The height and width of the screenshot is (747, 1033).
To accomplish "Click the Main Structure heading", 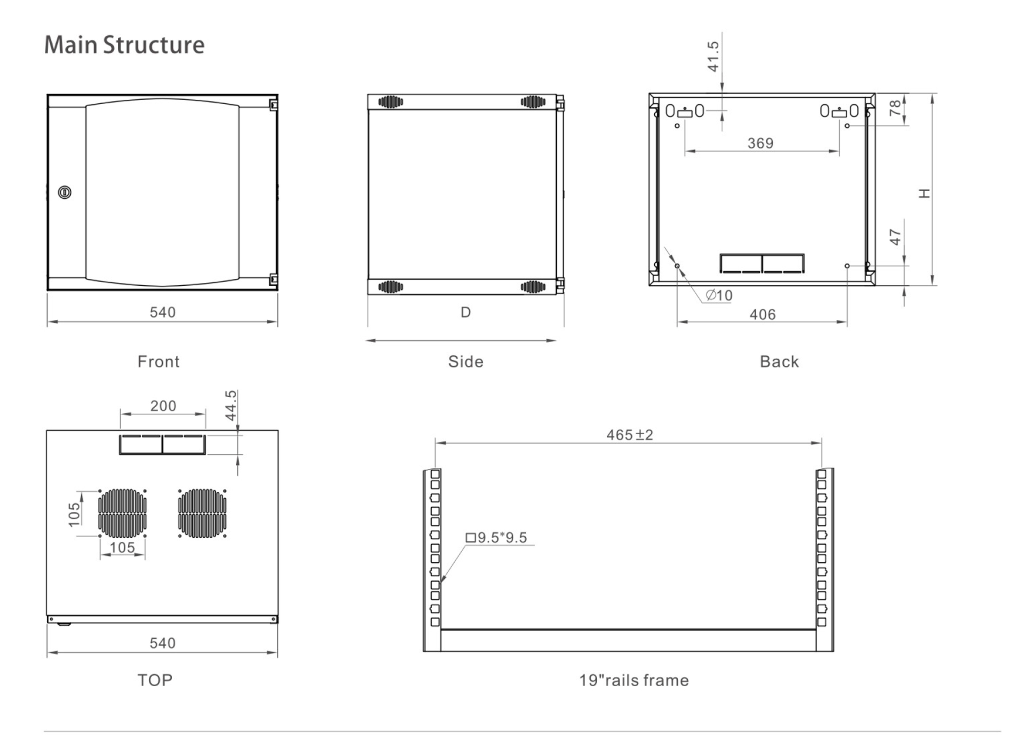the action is point(124,45).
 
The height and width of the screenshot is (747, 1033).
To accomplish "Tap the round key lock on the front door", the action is point(64,192).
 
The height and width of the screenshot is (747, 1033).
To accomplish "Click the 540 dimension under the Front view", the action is point(163,312).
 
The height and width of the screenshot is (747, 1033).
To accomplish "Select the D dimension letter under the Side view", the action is point(465,312).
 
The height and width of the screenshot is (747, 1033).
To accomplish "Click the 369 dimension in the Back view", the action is point(761,143).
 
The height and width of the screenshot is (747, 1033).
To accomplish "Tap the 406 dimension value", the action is point(762,314).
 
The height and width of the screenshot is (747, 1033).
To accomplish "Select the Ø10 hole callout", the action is point(719,296).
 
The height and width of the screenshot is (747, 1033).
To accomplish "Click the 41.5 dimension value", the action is point(713,57).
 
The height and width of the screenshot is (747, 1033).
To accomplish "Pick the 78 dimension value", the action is point(895,108).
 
